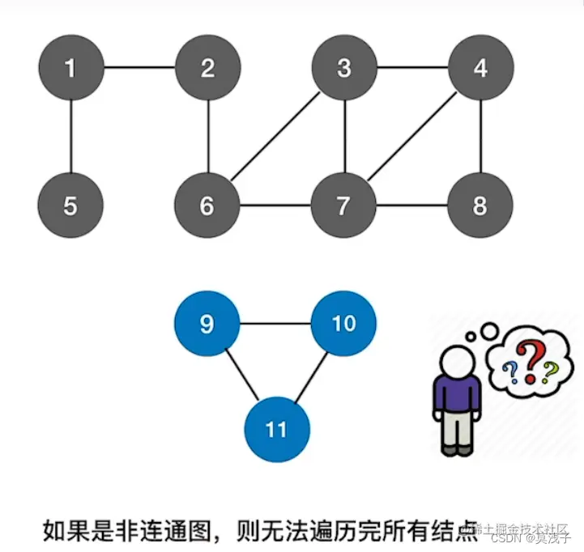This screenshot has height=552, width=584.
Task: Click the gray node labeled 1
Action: coord(70,68)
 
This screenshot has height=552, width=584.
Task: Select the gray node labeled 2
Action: coord(207,68)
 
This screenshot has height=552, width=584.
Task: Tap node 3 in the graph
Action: coord(344,68)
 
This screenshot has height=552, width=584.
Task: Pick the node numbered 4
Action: coord(481,68)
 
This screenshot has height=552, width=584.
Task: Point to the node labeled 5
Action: coord(70,206)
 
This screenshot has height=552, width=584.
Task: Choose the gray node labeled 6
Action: coord(207,206)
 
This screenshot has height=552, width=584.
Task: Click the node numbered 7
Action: coord(344,206)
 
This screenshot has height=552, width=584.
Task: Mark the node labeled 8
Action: coord(481,206)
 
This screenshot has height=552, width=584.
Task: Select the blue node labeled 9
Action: coord(207,324)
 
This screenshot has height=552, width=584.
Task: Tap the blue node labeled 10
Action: coord(344,324)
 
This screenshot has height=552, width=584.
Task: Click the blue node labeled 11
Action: coord(276,428)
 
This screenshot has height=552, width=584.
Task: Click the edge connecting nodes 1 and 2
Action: coord(139,68)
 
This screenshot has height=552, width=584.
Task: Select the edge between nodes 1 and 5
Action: coord(70,137)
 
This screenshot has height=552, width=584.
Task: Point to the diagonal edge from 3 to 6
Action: coord(276,137)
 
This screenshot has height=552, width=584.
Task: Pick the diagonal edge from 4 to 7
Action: coord(413,137)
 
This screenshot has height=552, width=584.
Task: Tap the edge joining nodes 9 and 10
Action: coord(275,324)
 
